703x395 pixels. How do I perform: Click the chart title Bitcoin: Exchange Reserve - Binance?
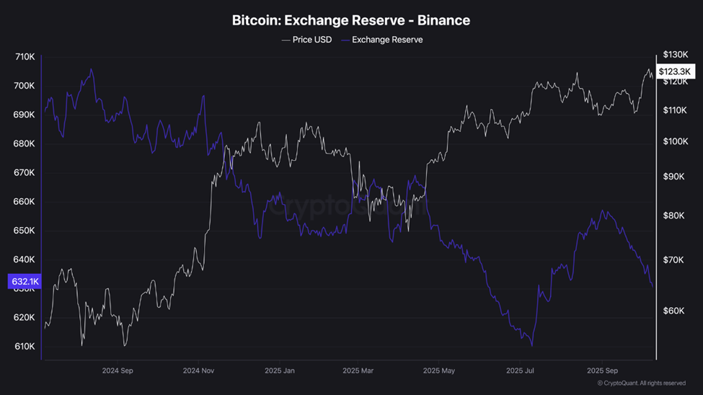pyautogui.click(x=351, y=20)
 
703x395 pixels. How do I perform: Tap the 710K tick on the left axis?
pyautogui.click(x=25, y=57)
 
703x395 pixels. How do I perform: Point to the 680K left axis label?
pyautogui.click(x=25, y=143)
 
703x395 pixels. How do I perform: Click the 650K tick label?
pyautogui.click(x=25, y=231)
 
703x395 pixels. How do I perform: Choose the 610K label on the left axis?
pyautogui.click(x=25, y=347)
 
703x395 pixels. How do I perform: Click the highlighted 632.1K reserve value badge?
pyautogui.click(x=25, y=282)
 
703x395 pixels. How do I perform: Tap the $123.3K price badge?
pyautogui.click(x=676, y=71)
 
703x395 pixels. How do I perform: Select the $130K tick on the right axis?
pyautogui.click(x=675, y=55)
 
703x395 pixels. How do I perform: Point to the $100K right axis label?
pyautogui.click(x=675, y=142)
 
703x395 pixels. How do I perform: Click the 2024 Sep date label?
pyautogui.click(x=118, y=371)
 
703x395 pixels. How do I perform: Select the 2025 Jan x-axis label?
pyautogui.click(x=279, y=371)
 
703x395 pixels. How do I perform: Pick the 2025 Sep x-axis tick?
pyautogui.click(x=602, y=371)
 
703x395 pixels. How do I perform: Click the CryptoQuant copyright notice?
pyautogui.click(x=641, y=383)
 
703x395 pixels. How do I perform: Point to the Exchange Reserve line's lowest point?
pyautogui.click(x=532, y=346)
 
